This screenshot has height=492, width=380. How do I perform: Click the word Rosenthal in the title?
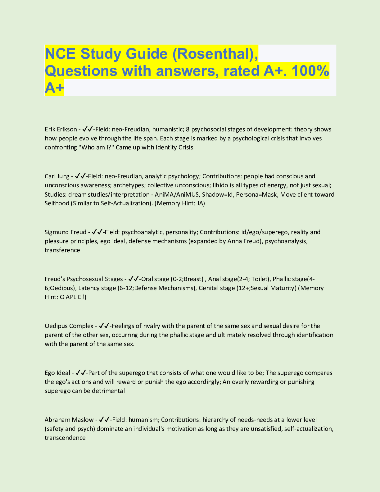pyautogui.click(x=212, y=54)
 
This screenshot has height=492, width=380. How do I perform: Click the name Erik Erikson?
pyautogui.click(x=61, y=129)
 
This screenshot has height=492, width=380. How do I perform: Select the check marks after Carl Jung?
pyautogui.click(x=80, y=176)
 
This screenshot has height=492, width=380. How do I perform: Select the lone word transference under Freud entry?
pyautogui.click(x=62, y=250)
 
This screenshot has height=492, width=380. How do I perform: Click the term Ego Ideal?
pyautogui.click(x=57, y=373)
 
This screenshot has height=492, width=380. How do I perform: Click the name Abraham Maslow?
pyautogui.click(x=69, y=420)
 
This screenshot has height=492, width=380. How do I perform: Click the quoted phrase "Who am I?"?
pyautogui.click(x=96, y=148)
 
